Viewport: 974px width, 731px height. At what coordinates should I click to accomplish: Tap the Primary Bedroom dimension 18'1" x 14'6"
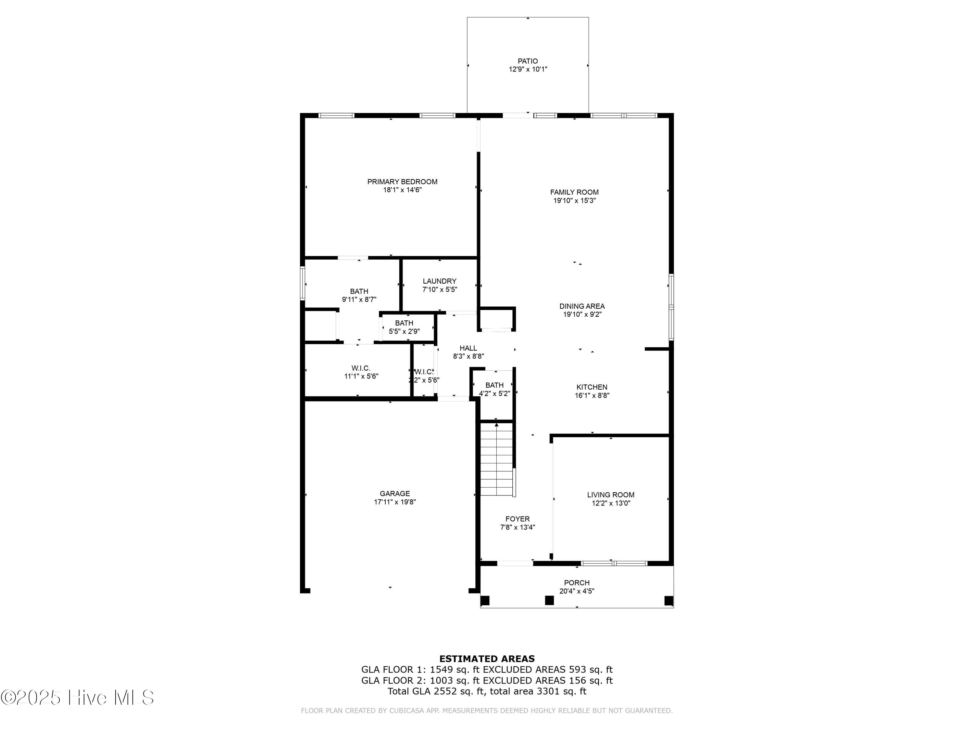[402, 190]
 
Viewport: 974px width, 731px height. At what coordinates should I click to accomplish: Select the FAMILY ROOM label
[574, 192]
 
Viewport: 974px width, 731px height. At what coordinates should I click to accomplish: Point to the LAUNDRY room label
[440, 281]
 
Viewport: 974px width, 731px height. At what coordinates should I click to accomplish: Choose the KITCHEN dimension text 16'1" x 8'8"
[592, 396]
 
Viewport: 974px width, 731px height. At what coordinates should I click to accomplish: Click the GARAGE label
[394, 494]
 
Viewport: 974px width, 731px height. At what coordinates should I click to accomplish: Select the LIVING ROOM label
[610, 495]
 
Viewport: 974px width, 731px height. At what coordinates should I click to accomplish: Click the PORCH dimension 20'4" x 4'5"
[577, 591]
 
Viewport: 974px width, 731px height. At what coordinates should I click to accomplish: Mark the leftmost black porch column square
[485, 601]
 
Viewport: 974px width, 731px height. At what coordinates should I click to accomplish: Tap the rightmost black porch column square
[668, 601]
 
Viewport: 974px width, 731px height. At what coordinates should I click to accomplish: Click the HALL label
[468, 348]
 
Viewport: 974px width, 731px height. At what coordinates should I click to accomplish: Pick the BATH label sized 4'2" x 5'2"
[494, 385]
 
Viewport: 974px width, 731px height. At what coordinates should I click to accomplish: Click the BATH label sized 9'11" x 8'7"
[359, 291]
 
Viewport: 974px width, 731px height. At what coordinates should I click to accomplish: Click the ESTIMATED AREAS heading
[487, 659]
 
